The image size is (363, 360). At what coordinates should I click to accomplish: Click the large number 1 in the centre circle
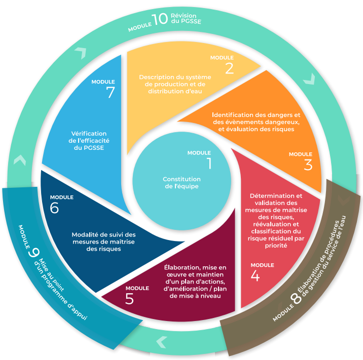coord(208,163)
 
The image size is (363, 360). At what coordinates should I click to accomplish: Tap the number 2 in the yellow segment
coord(229,68)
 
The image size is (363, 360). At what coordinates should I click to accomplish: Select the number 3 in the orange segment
coord(308,165)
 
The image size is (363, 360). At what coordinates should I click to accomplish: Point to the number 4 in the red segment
coord(255,276)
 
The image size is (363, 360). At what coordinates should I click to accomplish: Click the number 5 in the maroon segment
coord(129,299)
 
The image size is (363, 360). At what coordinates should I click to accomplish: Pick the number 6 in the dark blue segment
coord(55,208)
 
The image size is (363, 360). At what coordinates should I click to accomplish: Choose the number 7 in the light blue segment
coord(111,92)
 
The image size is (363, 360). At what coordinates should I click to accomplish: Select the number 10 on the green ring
coord(160,19)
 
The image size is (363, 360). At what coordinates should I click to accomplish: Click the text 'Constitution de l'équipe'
coord(181,183)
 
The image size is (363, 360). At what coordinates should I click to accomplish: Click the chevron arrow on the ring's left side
coord(20,161)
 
